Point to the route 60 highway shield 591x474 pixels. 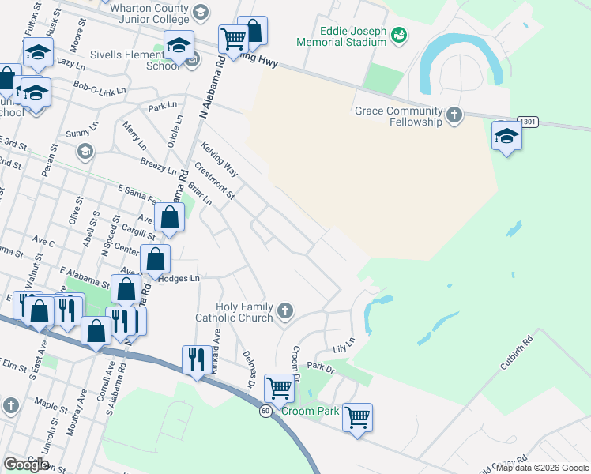(x=266, y=411)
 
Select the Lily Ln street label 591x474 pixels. (x=344, y=341)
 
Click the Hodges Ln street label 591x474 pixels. (x=179, y=278)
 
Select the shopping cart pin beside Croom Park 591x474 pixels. (x=358, y=416)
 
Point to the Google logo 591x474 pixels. (x=27, y=465)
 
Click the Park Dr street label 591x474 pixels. (x=321, y=367)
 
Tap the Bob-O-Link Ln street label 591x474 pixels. (x=100, y=88)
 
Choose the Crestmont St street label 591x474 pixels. (x=215, y=181)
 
